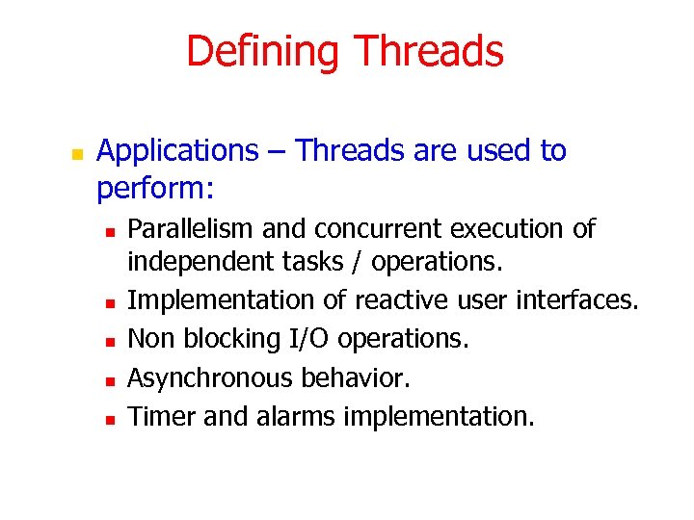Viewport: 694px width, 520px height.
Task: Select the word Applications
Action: coord(178,151)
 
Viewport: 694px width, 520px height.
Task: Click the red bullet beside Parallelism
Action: coord(111,232)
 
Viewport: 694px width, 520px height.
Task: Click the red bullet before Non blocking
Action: coord(111,342)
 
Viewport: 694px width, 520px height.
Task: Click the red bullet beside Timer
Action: coord(111,419)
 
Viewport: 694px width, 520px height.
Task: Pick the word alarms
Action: coord(292,416)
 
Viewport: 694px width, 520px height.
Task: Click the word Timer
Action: coord(157,416)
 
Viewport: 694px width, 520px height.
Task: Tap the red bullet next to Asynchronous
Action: coord(111,380)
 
